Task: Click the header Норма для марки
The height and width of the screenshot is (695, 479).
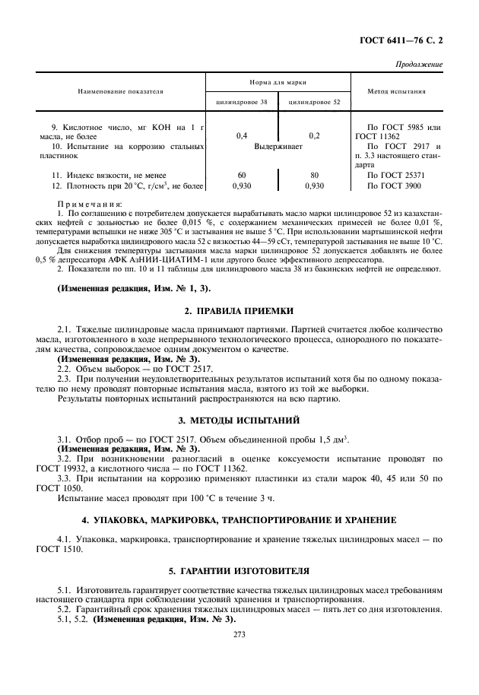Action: tap(278, 81)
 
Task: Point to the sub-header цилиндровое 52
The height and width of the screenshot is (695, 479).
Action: tap(315, 101)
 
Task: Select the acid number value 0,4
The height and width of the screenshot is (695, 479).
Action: tap(242, 135)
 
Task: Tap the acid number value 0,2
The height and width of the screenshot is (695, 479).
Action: tap(314, 135)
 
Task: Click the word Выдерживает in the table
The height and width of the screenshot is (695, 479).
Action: tap(278, 144)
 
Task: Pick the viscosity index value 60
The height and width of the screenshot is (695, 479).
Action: tap(242, 175)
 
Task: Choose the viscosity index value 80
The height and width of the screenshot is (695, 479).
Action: tap(314, 175)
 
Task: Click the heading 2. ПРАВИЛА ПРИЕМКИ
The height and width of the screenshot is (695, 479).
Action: tap(239, 311)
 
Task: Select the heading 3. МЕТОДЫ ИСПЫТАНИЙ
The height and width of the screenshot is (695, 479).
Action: tap(239, 420)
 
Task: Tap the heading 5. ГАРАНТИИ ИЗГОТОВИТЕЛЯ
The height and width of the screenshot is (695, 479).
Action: tap(239, 570)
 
